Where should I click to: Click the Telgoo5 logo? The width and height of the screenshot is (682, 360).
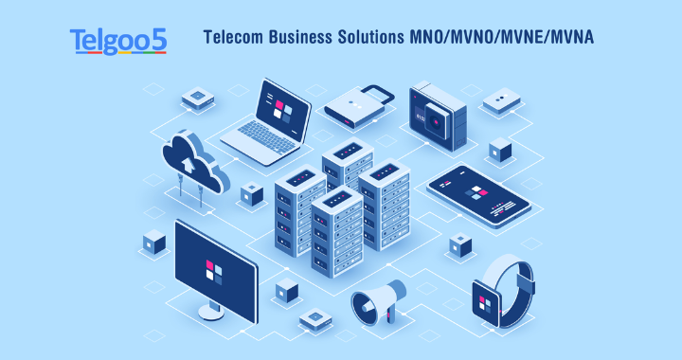tap(118, 39)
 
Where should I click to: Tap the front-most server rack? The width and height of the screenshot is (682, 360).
tap(336, 232)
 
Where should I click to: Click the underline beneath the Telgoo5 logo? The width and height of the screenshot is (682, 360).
tap(118, 52)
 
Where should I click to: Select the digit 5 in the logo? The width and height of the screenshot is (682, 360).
tap(158, 39)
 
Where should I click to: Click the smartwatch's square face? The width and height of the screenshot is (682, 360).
tap(490, 300)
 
